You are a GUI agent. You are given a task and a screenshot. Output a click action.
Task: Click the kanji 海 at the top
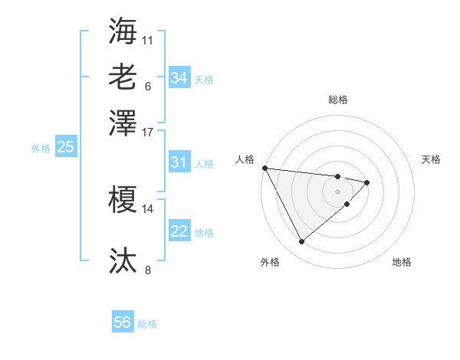click(x=123, y=31)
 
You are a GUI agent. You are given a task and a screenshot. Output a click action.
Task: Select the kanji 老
click(x=123, y=77)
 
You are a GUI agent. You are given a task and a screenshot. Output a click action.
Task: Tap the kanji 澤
click(x=123, y=123)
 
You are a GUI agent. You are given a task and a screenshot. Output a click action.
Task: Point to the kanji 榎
click(x=123, y=201)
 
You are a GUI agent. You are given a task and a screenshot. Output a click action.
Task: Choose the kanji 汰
click(x=123, y=260)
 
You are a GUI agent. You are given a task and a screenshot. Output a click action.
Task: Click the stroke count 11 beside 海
click(x=148, y=39)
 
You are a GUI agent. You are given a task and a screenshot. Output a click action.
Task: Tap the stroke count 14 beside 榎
click(x=148, y=208)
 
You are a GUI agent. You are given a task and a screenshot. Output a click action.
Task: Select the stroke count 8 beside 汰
click(x=148, y=269)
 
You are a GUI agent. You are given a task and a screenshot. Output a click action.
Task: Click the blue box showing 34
click(x=179, y=77)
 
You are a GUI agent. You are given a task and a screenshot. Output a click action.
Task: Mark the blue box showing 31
click(x=179, y=162)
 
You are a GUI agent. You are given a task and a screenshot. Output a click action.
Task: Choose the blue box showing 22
click(x=179, y=231)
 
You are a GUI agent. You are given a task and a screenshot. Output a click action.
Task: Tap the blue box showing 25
click(x=65, y=147)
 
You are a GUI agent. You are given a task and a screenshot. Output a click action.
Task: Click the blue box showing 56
click(x=123, y=322)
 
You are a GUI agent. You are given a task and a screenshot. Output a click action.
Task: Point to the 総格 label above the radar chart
click(x=338, y=100)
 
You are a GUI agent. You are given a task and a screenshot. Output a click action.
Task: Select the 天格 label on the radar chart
click(x=432, y=159)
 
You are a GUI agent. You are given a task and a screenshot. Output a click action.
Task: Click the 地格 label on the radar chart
click(x=402, y=262)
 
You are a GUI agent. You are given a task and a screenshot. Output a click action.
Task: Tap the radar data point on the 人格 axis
click(x=264, y=168)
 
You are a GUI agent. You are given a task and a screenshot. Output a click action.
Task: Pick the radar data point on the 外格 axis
click(x=301, y=242)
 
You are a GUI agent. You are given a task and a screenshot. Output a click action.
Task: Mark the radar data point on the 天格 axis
click(x=367, y=182)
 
